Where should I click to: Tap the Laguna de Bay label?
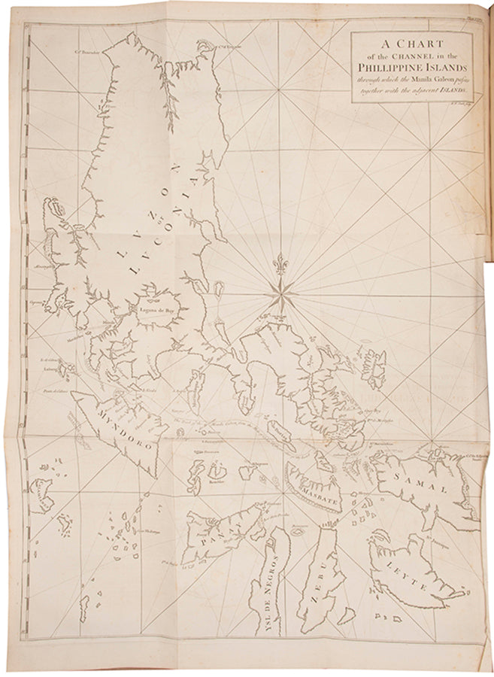tap(153, 310)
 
